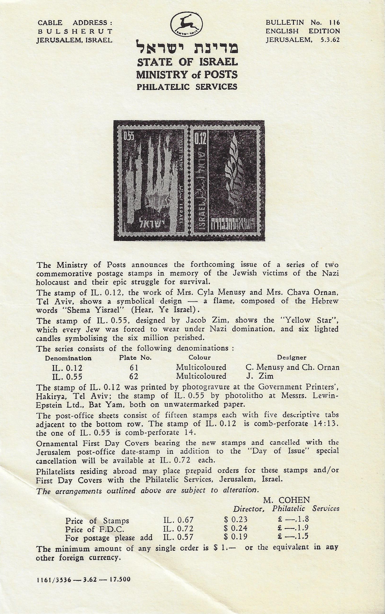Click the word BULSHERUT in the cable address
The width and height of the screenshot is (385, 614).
coord(74,31)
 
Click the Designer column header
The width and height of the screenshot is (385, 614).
coord(292,358)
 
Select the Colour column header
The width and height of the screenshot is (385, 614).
coord(199,358)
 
